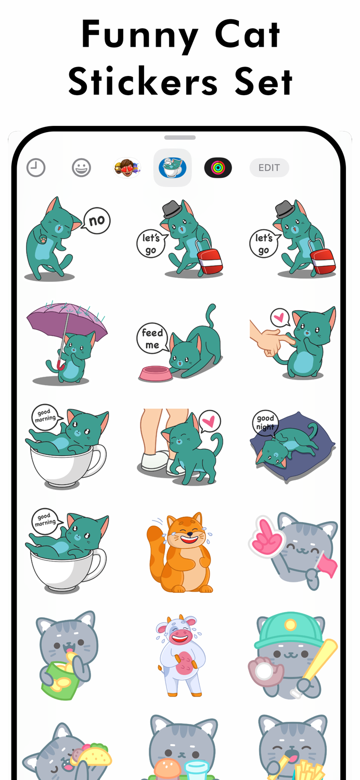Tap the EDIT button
(269, 168)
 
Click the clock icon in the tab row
(36, 168)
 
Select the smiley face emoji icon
(81, 168)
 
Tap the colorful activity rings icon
(218, 168)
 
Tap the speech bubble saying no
(97, 220)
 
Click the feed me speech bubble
(152, 339)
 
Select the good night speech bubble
(265, 422)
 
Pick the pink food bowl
(155, 373)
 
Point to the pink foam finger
(267, 536)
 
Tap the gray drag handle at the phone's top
(180, 138)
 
